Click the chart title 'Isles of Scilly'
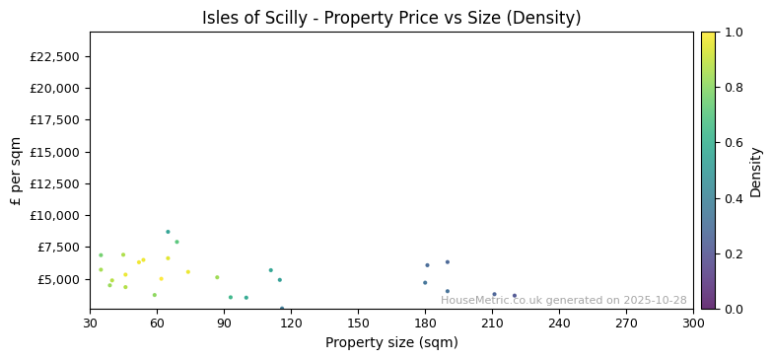click(391, 18)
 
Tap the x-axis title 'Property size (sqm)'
click(391, 343)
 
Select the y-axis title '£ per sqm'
click(16, 171)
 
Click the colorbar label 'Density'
click(756, 172)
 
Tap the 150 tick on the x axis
click(358, 323)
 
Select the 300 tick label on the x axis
click(693, 323)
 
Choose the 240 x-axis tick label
click(559, 323)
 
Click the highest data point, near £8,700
click(168, 232)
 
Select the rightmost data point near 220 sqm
click(515, 295)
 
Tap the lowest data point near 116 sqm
click(282, 308)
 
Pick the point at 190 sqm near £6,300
click(447, 262)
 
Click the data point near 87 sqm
click(217, 277)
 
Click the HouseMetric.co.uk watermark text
click(563, 301)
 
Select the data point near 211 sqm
click(494, 294)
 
